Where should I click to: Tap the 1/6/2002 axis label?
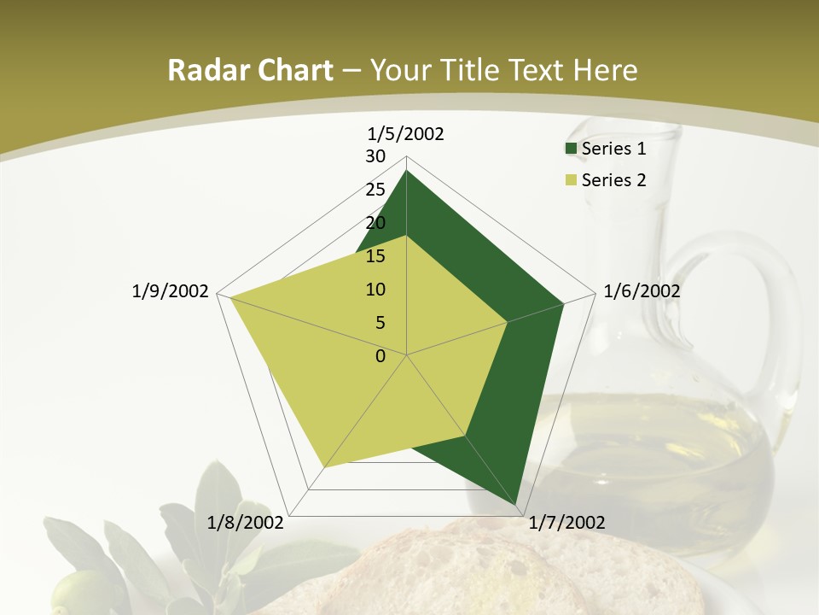[x=642, y=291]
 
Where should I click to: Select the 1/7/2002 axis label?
[x=566, y=522]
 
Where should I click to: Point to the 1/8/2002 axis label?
[x=246, y=522]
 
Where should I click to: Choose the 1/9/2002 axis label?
[x=171, y=291]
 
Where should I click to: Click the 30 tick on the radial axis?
[x=375, y=156]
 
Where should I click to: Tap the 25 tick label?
[x=375, y=190]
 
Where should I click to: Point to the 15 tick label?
[x=375, y=256]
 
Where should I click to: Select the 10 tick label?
[x=375, y=290]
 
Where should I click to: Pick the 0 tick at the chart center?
[x=380, y=356]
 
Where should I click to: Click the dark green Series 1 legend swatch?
[x=571, y=149]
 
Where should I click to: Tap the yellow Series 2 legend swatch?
[x=571, y=180]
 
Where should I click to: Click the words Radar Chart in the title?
[x=250, y=71]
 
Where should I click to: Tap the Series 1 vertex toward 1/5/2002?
[x=407, y=171]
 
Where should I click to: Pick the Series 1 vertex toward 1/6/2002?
[x=564, y=303]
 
